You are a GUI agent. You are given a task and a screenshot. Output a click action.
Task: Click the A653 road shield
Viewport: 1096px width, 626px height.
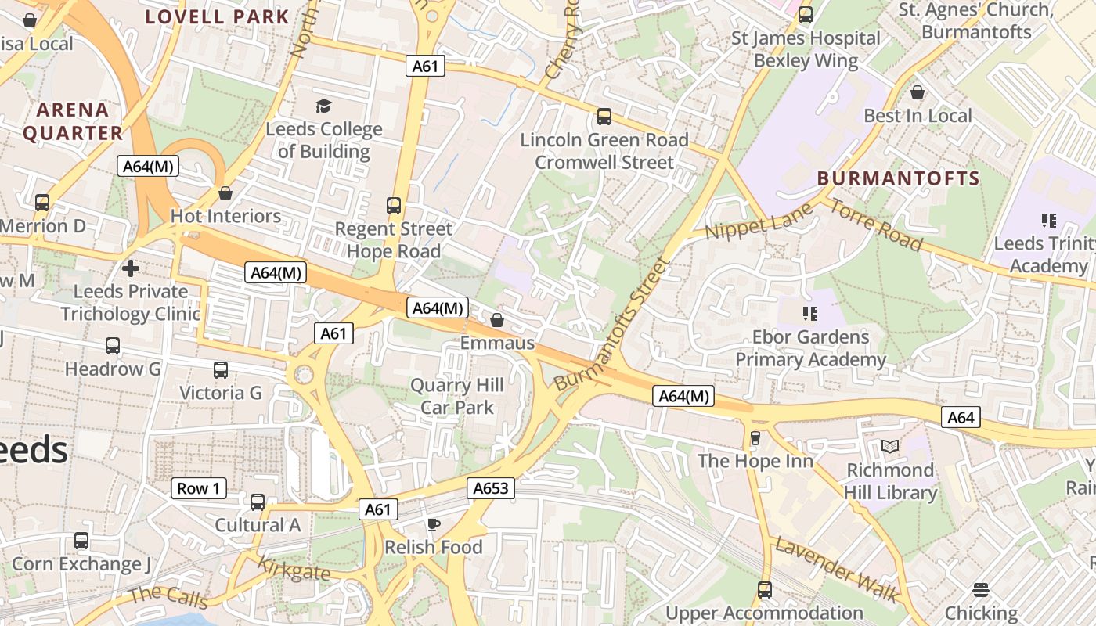(492, 489)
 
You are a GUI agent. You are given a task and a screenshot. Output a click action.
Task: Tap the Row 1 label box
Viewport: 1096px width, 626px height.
(199, 489)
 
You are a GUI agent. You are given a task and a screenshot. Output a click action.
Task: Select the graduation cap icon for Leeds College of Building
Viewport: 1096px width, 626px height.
(323, 106)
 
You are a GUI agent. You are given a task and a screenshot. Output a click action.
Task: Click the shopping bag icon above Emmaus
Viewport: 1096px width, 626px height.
(496, 320)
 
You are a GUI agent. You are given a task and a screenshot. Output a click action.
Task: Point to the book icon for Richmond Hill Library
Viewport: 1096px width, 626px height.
(890, 447)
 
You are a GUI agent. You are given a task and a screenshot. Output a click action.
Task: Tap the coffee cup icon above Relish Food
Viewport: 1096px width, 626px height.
(434, 524)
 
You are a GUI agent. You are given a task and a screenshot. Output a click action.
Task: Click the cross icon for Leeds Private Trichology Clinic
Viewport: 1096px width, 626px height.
(131, 268)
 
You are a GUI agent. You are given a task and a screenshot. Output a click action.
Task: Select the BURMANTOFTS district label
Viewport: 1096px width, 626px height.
(898, 178)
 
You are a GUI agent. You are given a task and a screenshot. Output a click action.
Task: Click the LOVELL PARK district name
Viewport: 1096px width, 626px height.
(218, 16)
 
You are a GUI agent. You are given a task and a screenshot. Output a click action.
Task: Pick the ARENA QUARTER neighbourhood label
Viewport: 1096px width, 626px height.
(73, 121)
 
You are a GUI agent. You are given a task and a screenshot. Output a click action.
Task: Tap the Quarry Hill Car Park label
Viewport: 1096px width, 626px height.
(457, 397)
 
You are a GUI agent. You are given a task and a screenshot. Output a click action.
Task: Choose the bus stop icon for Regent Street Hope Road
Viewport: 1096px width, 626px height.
(394, 206)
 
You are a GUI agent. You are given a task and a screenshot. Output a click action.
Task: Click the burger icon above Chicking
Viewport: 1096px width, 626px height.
(981, 589)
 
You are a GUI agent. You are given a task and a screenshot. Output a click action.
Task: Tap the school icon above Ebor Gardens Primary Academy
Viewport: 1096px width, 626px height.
(810, 314)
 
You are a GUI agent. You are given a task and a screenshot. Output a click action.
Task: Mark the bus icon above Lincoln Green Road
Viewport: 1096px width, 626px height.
(604, 117)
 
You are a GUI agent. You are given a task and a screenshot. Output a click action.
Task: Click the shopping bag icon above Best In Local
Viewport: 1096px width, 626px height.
(918, 92)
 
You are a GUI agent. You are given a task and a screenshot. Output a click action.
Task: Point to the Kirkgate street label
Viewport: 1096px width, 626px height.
(294, 569)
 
